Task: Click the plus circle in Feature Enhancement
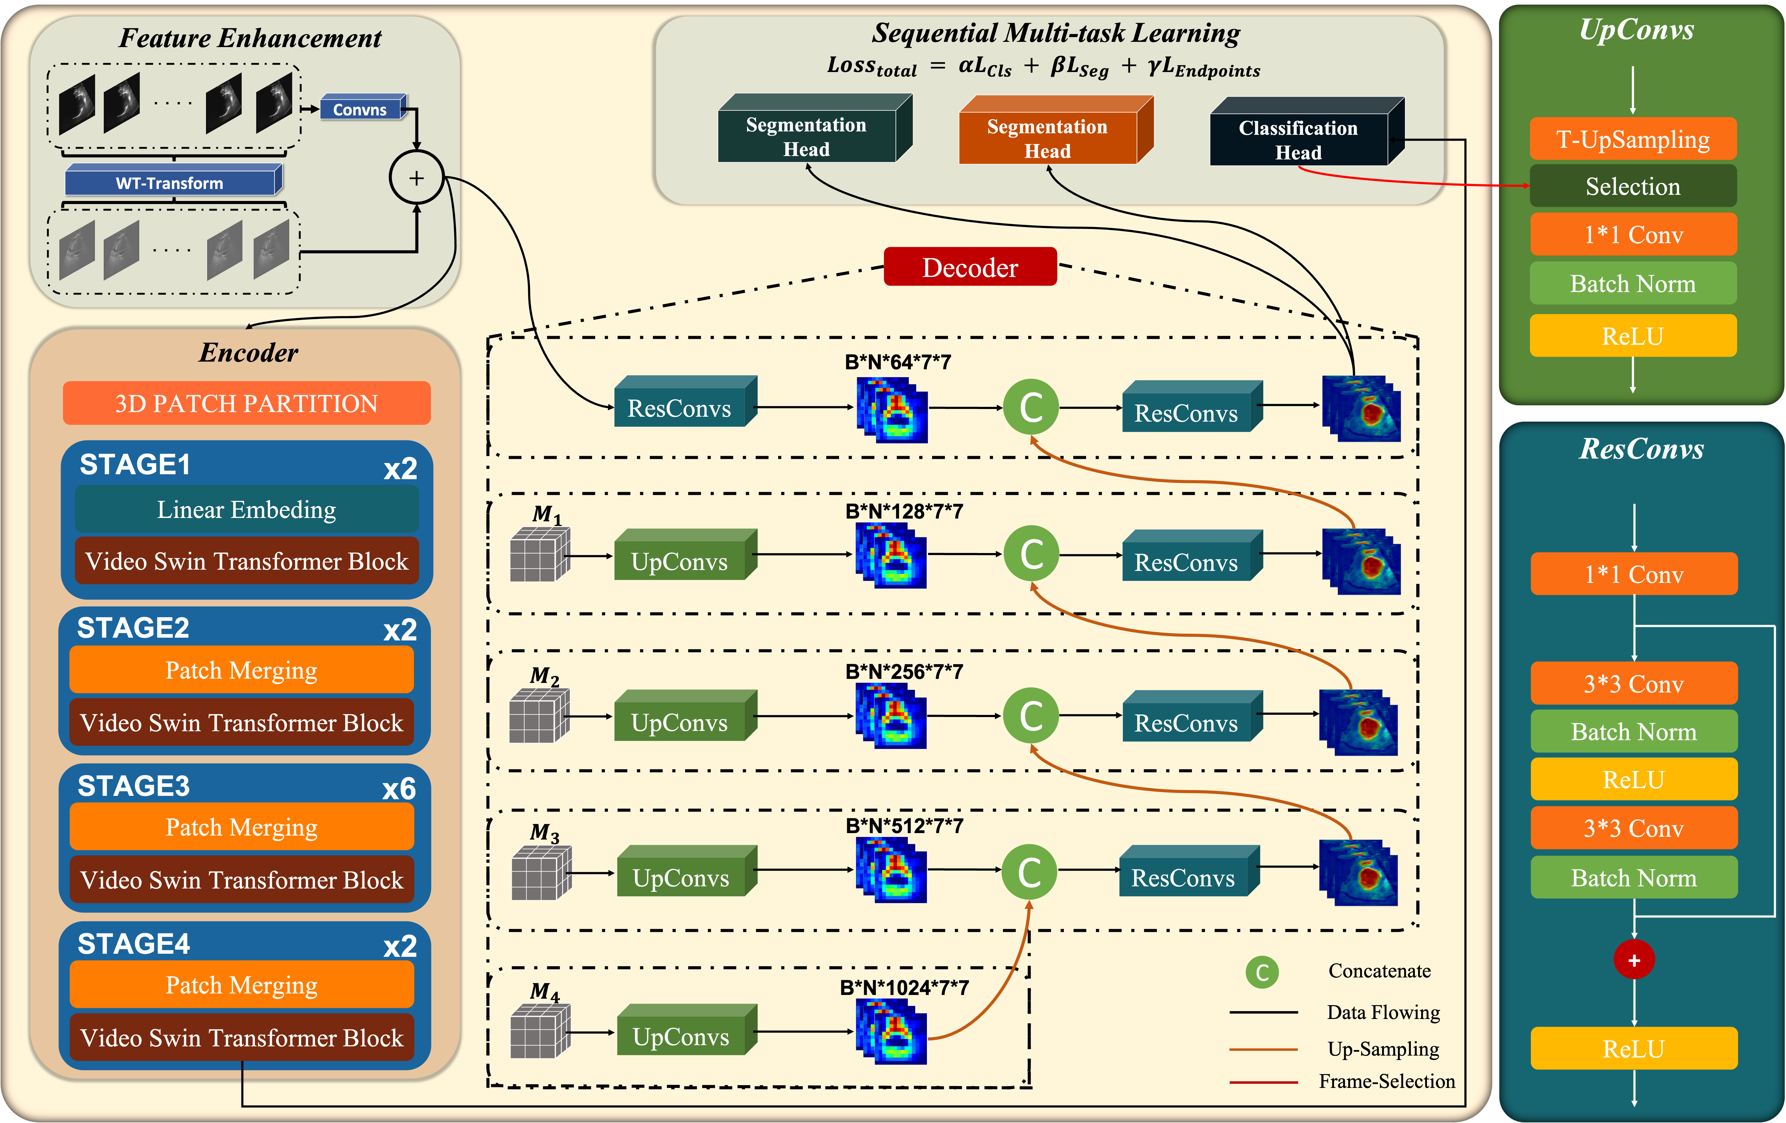pyautogui.click(x=417, y=178)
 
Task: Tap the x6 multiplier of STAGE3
pyautogui.click(x=399, y=789)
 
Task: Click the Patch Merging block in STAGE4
pyautogui.click(x=242, y=985)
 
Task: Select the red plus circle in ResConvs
pyautogui.click(x=1634, y=960)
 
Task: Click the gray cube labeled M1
pyautogui.click(x=540, y=554)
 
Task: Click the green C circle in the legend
pyautogui.click(x=1262, y=972)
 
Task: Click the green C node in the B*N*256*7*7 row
pyautogui.click(x=1031, y=715)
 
